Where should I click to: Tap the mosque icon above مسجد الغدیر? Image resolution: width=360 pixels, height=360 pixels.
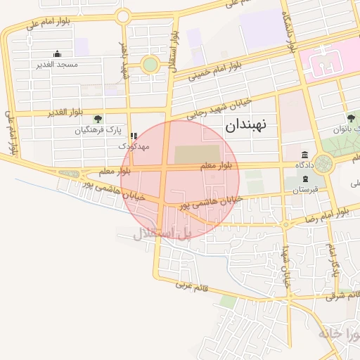point(57,54)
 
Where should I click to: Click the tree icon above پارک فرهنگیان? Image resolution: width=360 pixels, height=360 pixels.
point(98,119)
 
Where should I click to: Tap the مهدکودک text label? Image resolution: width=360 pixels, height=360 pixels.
point(134,146)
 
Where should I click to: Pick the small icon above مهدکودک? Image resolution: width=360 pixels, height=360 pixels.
point(134,136)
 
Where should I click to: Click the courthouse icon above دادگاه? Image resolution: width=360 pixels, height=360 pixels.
point(304,155)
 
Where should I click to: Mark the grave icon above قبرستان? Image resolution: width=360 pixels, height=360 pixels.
point(304,179)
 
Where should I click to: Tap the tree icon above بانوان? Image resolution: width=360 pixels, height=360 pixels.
point(350,118)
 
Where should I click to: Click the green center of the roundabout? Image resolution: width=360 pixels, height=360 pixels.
point(150,65)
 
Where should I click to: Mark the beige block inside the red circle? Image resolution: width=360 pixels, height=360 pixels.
point(197,154)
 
